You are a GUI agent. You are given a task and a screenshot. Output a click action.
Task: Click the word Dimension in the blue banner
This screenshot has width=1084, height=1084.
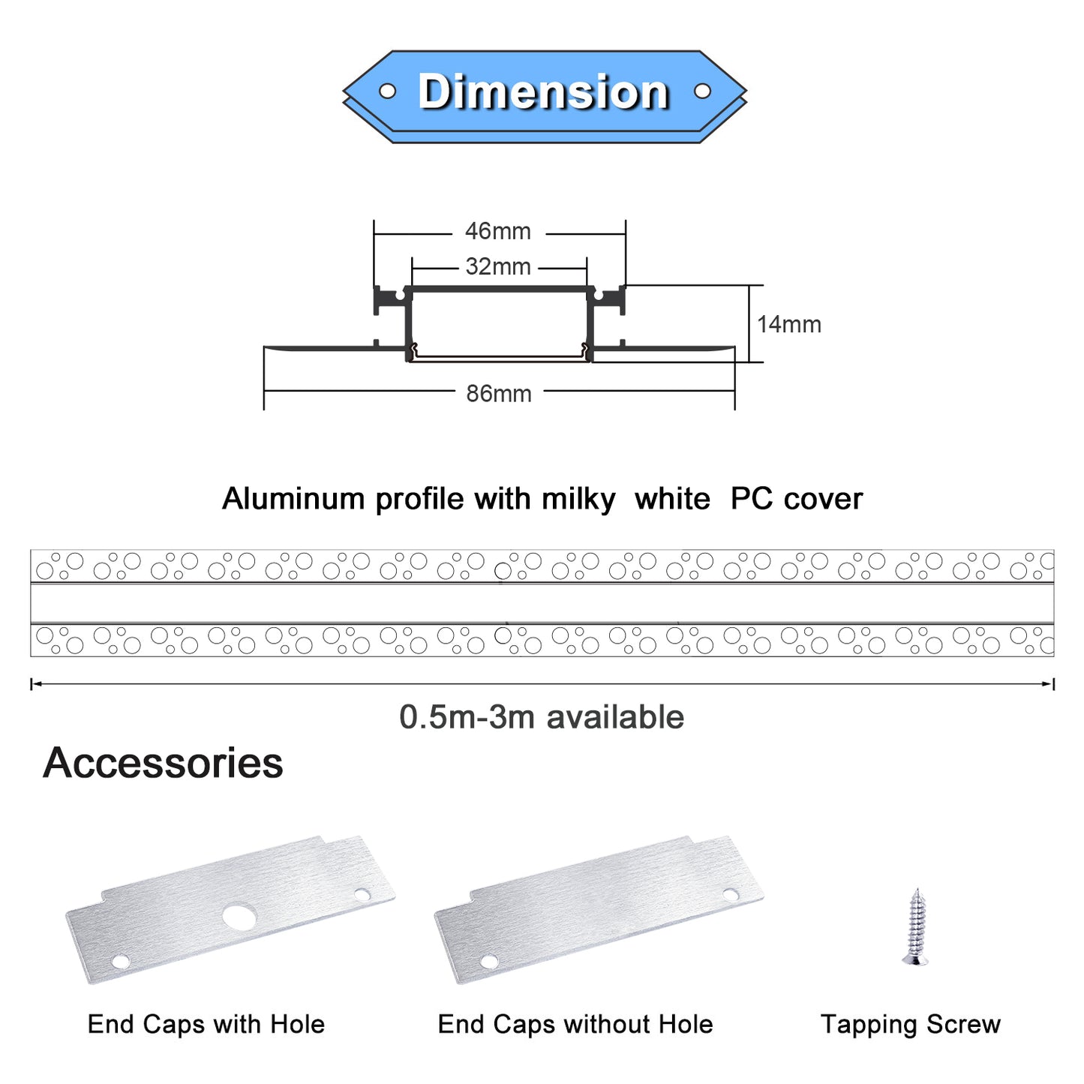click(x=543, y=92)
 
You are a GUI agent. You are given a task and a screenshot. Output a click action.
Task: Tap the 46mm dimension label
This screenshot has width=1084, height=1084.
click(x=497, y=231)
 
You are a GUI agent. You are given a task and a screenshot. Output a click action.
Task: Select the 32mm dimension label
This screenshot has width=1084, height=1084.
click(x=497, y=266)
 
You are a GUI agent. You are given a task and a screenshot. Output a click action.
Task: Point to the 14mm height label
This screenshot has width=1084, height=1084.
click(x=788, y=324)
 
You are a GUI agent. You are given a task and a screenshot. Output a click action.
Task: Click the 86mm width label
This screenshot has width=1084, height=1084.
click(x=499, y=393)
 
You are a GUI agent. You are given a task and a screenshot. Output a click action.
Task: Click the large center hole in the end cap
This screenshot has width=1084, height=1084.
click(x=239, y=917)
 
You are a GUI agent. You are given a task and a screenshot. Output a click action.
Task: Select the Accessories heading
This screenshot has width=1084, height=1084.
click(x=163, y=763)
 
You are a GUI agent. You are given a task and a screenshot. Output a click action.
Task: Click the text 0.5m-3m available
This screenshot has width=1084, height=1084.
click(x=541, y=717)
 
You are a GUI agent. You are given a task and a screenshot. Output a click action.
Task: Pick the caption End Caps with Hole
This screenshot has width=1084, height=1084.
click(x=206, y=1024)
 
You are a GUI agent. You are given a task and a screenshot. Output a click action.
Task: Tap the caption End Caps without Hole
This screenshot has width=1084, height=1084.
click(x=575, y=1024)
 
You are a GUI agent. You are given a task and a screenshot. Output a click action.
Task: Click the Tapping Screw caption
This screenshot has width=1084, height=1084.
click(x=911, y=1024)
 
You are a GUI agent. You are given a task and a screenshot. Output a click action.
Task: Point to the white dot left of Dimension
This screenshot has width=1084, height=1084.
click(x=387, y=92)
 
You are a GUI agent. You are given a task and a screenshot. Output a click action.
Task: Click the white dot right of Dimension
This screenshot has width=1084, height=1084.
click(x=702, y=92)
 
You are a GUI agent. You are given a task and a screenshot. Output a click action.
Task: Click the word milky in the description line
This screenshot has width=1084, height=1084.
click(x=578, y=500)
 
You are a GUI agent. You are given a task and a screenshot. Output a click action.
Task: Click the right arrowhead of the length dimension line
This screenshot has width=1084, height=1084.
click(x=1049, y=683)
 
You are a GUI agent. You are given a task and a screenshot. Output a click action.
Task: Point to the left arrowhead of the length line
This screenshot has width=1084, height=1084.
click(x=35, y=683)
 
